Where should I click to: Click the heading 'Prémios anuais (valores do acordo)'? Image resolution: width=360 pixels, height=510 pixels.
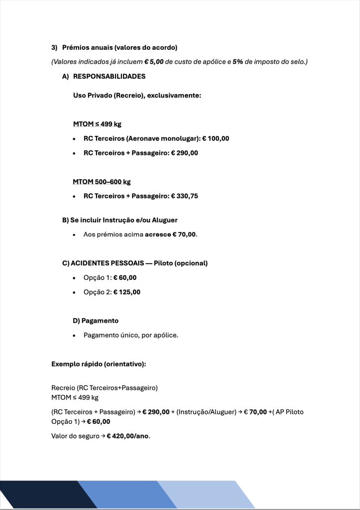[x=120, y=48]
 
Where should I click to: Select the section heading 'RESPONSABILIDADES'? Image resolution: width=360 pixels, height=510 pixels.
[x=109, y=77]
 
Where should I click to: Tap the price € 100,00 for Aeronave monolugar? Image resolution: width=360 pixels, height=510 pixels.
[x=215, y=138]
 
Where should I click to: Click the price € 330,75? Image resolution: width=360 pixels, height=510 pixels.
[x=185, y=196]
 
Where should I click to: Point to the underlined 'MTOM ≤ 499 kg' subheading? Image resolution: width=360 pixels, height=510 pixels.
[x=97, y=124]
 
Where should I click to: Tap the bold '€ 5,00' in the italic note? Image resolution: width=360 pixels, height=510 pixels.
[x=154, y=62]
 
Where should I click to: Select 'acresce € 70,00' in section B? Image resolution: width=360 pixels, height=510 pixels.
[x=171, y=234]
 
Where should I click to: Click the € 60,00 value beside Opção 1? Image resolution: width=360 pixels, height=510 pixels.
[x=125, y=277]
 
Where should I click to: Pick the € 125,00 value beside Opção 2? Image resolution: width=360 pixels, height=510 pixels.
[x=127, y=292]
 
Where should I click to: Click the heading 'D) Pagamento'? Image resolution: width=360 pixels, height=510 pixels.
[x=96, y=321]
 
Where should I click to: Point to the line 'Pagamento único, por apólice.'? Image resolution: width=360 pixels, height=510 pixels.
[x=131, y=335]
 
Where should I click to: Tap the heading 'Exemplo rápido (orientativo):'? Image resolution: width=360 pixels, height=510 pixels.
[x=99, y=364]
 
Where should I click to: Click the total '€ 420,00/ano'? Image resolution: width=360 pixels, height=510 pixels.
[x=128, y=436]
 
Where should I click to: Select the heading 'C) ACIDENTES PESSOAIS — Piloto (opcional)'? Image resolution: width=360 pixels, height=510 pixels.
[x=134, y=263]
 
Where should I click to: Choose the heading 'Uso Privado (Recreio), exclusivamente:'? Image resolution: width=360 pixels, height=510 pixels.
[x=137, y=95]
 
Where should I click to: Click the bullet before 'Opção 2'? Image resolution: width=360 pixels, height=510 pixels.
[x=74, y=292]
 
